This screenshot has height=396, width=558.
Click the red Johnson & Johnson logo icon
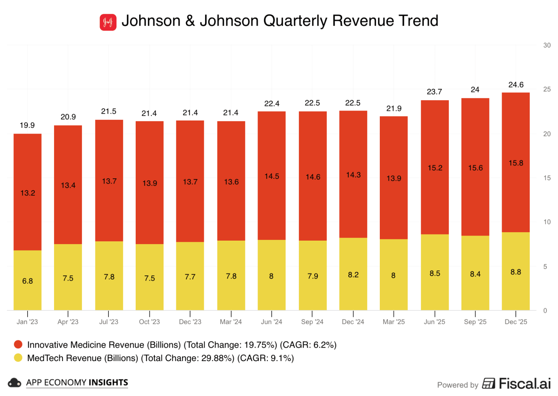108,22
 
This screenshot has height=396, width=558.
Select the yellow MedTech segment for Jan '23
28,280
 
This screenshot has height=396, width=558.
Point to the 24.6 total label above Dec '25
516,85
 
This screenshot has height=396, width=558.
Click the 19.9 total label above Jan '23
27,125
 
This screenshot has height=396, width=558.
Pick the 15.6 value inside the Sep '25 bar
475,168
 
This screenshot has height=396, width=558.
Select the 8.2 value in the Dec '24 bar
353,275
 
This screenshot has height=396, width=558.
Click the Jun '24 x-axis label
271,322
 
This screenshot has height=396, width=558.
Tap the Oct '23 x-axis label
149,322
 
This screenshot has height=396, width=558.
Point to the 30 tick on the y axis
547,45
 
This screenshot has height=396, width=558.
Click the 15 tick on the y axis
547,178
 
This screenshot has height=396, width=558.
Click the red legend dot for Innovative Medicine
18,344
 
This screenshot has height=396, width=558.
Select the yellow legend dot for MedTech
18,358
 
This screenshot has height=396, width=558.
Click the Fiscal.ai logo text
524,383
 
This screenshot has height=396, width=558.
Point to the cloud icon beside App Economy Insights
14,383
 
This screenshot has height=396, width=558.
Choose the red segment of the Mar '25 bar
394,178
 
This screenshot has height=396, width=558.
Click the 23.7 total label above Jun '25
434,92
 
